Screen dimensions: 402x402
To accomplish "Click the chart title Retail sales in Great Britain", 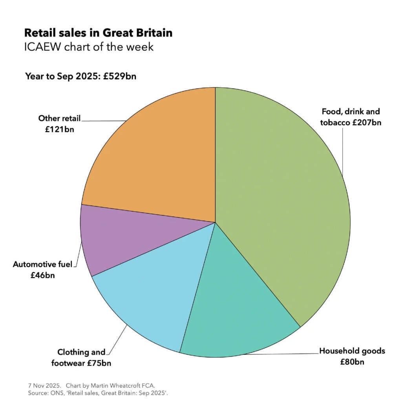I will (x=98, y=33).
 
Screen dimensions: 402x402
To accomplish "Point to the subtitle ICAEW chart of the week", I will (x=89, y=47).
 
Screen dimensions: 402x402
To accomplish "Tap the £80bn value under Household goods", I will (x=352, y=362).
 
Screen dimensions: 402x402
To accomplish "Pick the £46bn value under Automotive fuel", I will (x=42, y=275).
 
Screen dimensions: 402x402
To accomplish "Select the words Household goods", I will (x=352, y=351).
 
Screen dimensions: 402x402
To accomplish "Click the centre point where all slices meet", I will (x=215, y=223).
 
